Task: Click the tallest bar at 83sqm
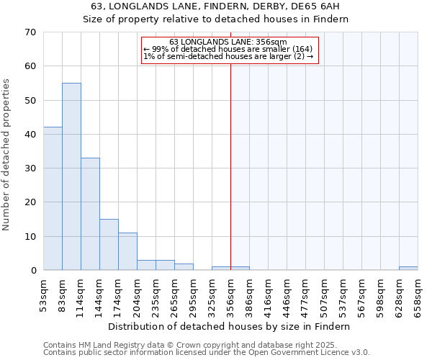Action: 71,176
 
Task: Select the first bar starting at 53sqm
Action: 53,198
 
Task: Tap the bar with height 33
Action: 90,214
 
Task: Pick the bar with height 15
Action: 109,245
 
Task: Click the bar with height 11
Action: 127,251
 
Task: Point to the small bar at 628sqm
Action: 408,269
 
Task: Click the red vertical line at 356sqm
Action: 230,158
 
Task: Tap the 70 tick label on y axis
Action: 30,32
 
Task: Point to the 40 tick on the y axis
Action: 30,135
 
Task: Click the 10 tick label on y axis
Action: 30,237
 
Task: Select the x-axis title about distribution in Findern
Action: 230,326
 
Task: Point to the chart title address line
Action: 215,6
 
